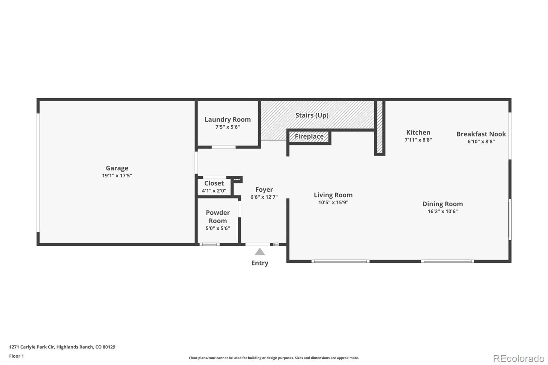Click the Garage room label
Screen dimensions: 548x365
click(117, 168)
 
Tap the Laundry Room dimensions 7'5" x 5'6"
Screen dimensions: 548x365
click(227, 127)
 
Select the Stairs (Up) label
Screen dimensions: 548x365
click(312, 115)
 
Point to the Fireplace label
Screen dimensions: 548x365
click(309, 136)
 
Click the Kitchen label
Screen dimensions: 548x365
click(418, 133)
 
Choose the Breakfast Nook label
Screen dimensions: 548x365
click(481, 134)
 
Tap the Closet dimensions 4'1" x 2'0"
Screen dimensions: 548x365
click(214, 191)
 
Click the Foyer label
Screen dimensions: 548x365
click(264, 190)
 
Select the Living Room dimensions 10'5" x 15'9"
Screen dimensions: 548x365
click(333, 203)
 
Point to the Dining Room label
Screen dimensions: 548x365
click(443, 204)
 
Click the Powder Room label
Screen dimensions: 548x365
click(218, 217)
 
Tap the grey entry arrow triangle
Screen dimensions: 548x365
click(260, 252)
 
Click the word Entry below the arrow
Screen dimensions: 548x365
click(260, 263)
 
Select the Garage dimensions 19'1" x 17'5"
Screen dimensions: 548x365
click(117, 176)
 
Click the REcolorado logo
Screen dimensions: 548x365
click(519, 358)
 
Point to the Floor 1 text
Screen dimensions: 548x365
click(16, 356)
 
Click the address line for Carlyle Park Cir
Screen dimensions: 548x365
click(62, 347)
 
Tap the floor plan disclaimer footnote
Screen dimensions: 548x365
click(274, 358)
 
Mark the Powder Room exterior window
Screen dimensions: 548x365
click(209, 244)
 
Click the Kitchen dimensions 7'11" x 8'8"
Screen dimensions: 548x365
click(418, 140)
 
